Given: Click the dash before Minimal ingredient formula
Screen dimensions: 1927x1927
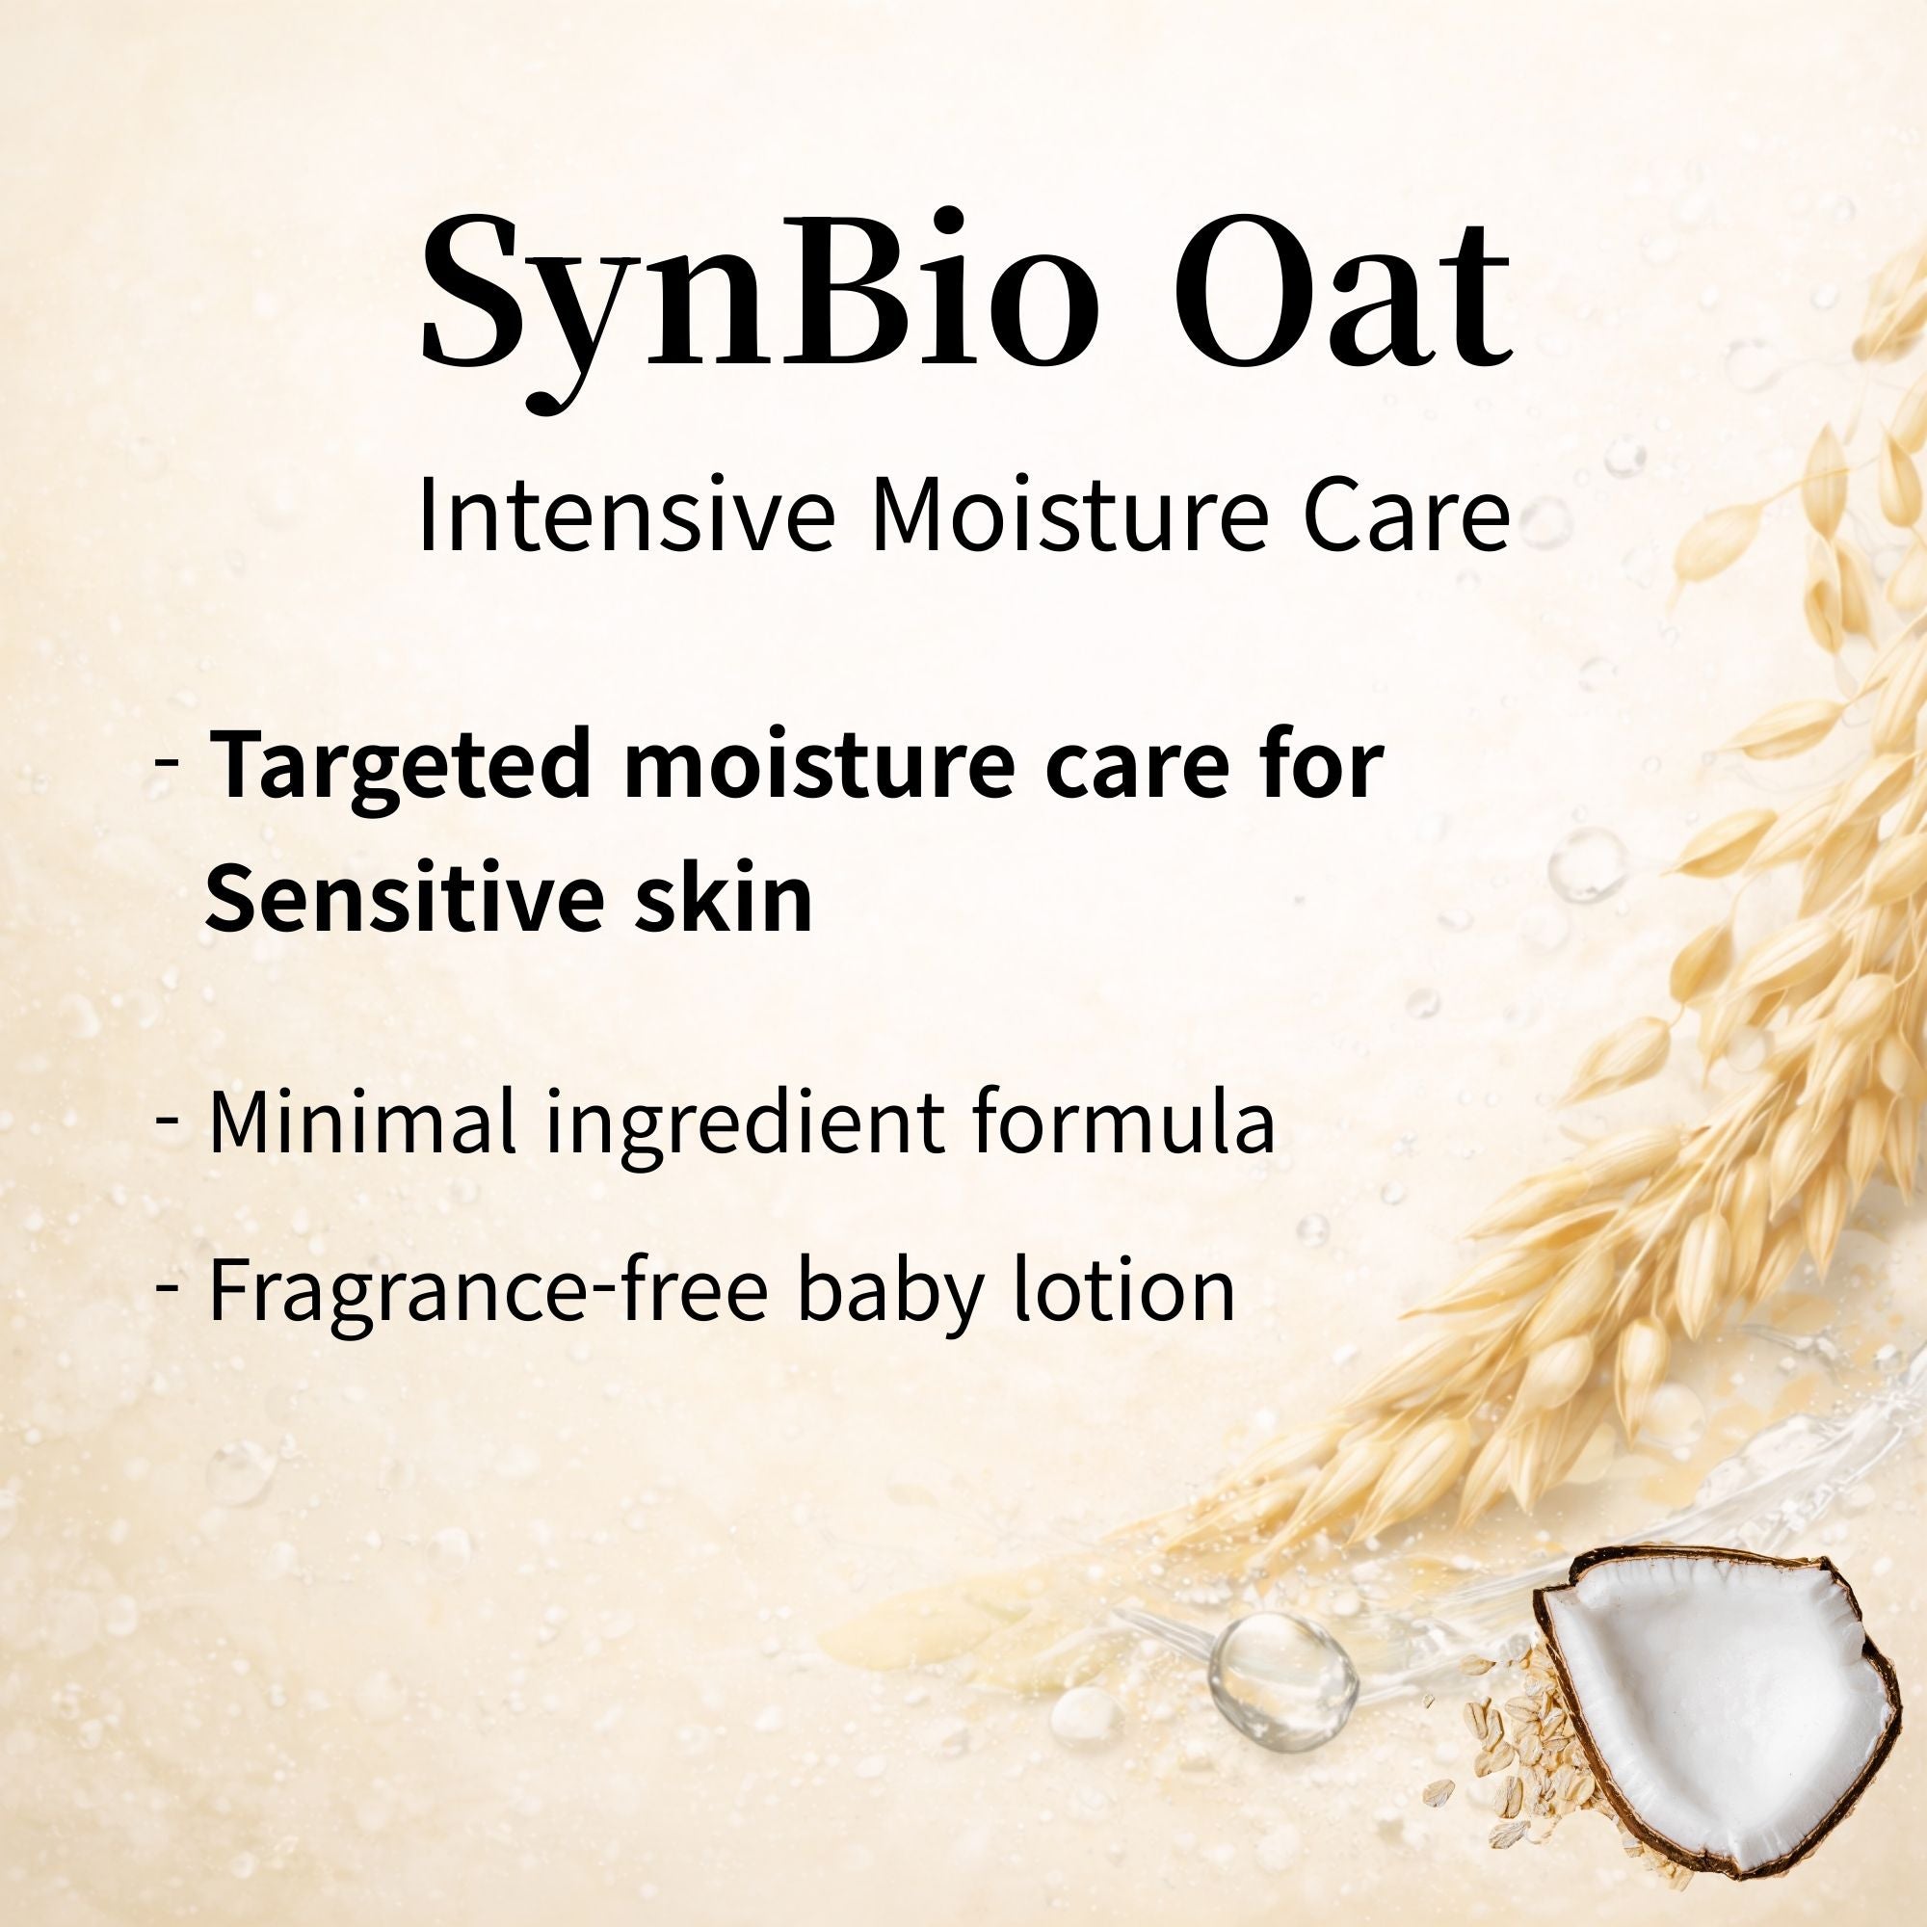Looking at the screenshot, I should [x=168, y=1119].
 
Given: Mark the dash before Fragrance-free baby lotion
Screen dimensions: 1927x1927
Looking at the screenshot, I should [x=168, y=1286].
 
